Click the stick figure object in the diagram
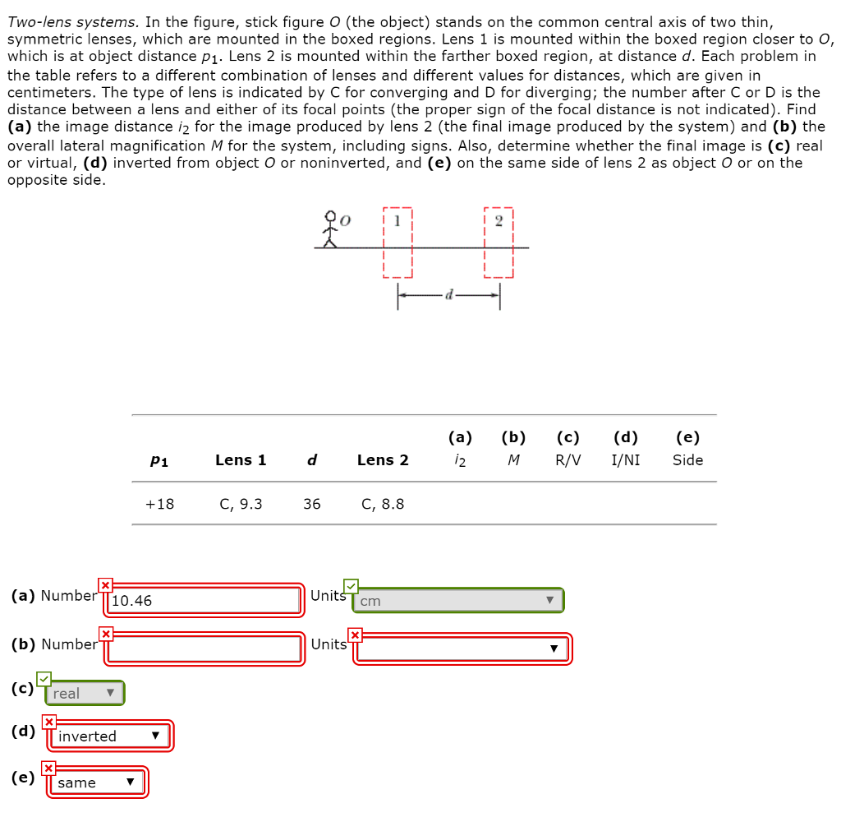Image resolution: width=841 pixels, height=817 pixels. tap(330, 229)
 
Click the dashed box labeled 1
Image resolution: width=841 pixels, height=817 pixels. tap(398, 243)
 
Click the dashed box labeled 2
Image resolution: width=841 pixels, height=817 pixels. tap(499, 243)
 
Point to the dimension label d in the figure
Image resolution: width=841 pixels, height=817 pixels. tap(448, 293)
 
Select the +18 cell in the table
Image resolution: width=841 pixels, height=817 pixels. tap(159, 504)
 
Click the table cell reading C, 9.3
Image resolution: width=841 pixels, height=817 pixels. tap(241, 504)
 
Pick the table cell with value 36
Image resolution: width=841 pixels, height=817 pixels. tap(311, 504)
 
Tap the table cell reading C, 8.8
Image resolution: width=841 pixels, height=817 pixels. tap(383, 504)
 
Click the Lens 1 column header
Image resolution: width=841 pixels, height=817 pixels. tap(241, 460)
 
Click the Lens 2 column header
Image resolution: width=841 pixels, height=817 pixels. tap(383, 460)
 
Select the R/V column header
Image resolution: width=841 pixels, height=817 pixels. tap(568, 460)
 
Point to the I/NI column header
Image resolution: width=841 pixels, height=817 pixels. tap(626, 460)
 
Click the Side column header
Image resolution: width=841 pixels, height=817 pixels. tap(687, 460)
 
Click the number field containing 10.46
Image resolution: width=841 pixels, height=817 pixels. tap(205, 601)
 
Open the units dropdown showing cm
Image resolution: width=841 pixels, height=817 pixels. tap(457, 601)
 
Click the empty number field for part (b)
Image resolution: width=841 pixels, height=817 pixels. tap(205, 649)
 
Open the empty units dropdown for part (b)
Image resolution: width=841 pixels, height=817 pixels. tap(462, 649)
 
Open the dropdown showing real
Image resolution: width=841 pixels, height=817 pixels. tap(85, 694)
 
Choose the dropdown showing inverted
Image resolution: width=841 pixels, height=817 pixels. tap(110, 736)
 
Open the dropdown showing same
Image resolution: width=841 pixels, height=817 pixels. tap(97, 782)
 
